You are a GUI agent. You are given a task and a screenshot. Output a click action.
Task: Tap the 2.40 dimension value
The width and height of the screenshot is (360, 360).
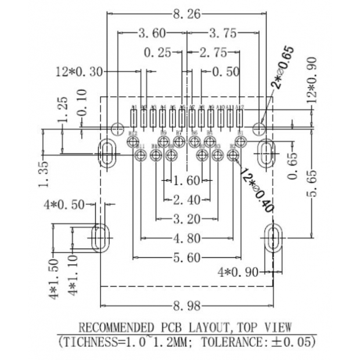point(186,200)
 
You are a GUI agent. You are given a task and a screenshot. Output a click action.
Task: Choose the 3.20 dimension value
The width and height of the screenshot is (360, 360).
point(186,219)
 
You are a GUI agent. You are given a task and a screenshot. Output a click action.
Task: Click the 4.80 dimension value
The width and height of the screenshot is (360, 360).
point(186,238)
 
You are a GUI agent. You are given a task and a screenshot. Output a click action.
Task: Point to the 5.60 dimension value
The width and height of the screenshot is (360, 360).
point(186,257)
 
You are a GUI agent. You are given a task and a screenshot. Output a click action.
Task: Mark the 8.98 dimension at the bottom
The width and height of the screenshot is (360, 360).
point(186,304)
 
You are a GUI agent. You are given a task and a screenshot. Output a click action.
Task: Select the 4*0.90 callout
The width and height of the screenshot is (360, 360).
point(237,272)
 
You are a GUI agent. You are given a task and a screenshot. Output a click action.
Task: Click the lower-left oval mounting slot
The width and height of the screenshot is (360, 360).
point(101,237)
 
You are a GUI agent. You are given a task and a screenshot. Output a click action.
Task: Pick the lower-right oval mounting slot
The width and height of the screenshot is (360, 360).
point(273,237)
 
